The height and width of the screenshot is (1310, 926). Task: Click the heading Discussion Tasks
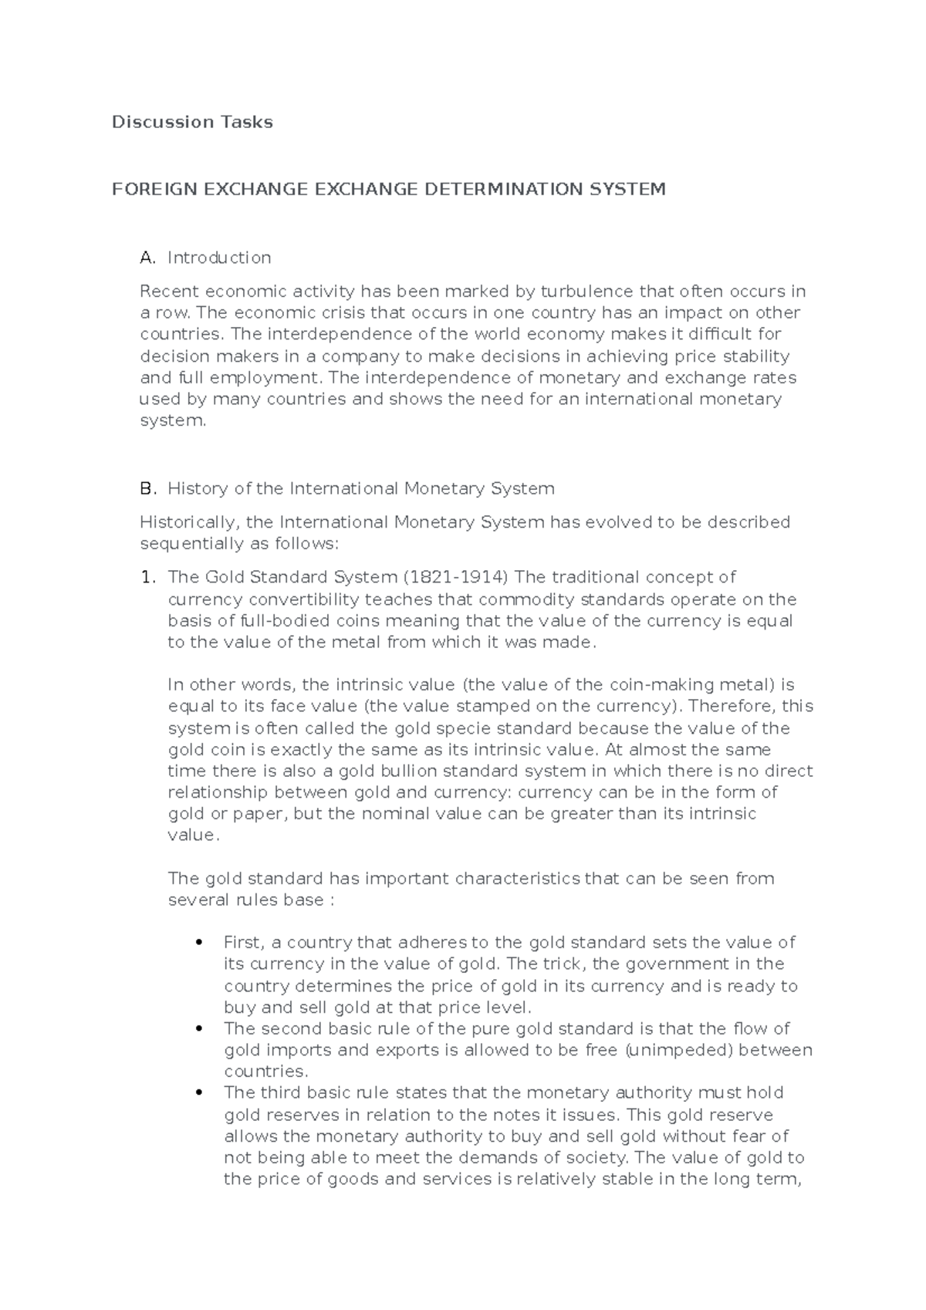192,122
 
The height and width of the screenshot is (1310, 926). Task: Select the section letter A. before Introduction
148,258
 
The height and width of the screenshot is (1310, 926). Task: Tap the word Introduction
219,258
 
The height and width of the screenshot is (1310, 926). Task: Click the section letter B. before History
148,488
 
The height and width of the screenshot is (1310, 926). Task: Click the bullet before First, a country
200,942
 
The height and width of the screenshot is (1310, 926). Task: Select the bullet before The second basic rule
200,1028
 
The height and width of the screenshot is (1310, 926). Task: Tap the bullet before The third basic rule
200,1092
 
